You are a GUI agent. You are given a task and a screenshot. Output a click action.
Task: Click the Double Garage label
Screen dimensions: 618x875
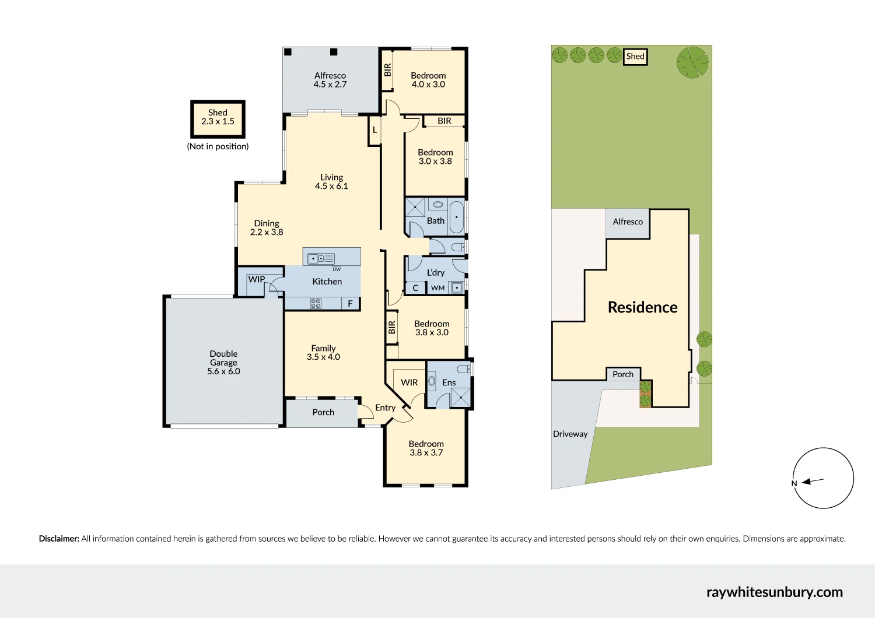tap(223, 362)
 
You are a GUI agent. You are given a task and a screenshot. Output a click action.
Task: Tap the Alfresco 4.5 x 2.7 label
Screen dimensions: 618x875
tap(330, 80)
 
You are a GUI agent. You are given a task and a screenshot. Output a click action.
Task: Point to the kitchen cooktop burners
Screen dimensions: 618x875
tap(316, 303)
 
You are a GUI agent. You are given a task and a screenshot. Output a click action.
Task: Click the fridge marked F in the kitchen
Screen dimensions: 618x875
tap(350, 303)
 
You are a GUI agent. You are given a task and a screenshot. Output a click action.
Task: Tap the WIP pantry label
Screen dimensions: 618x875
tap(257, 279)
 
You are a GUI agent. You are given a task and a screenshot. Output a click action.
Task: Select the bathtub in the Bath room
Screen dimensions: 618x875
tap(456, 217)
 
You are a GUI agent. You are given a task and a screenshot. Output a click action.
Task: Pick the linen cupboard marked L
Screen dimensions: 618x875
tap(374, 130)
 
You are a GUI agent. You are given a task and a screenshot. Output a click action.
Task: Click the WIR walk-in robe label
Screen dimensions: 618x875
tap(409, 382)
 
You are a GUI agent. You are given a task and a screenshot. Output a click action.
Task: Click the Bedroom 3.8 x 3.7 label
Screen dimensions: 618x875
tap(426, 448)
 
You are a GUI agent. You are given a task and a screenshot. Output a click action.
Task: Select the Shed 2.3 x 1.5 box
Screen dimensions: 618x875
tap(218, 118)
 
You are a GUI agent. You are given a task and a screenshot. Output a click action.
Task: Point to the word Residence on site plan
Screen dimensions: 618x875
tap(642, 307)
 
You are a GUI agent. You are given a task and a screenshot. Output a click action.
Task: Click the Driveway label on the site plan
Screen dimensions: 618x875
tap(570, 434)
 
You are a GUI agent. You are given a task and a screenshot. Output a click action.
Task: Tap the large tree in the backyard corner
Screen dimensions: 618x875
tap(692, 62)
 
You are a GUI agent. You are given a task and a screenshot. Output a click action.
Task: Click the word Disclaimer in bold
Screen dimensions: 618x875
tap(59, 539)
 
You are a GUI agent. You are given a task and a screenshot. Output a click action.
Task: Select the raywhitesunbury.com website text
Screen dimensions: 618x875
tap(774, 592)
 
